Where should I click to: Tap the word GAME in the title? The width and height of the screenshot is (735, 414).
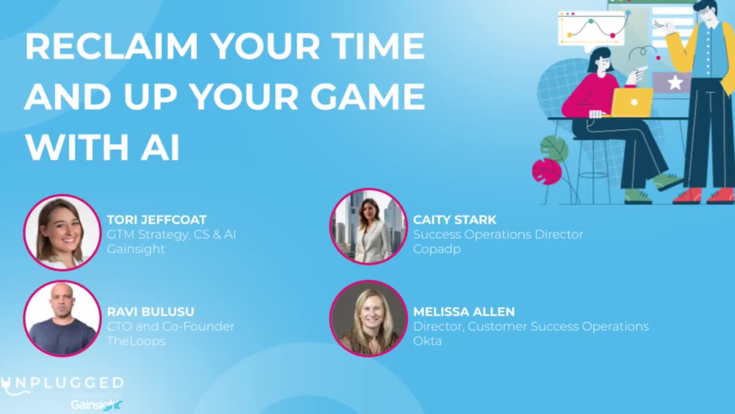click(367, 96)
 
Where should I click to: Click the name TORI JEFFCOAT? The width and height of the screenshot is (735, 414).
click(157, 220)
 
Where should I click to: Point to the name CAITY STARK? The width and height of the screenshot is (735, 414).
click(455, 220)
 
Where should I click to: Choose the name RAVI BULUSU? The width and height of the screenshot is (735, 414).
click(150, 312)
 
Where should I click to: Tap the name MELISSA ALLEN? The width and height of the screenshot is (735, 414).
click(464, 312)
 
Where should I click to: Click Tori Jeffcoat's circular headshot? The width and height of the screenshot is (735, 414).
click(62, 233)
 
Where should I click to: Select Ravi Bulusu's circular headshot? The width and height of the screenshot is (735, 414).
click(62, 319)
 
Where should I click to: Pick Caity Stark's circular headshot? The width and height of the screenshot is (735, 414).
click(368, 227)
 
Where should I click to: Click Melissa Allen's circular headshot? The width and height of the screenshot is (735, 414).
click(368, 319)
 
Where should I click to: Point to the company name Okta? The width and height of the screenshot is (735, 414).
click(427, 341)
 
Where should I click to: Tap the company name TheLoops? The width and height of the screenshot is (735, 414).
click(136, 341)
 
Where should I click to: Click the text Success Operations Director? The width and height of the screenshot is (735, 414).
click(498, 234)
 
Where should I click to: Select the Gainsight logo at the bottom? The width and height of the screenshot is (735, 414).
click(96, 405)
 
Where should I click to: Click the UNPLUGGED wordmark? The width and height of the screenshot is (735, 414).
click(63, 384)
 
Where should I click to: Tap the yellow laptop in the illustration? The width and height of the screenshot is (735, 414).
click(632, 102)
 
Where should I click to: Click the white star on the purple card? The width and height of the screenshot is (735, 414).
click(675, 82)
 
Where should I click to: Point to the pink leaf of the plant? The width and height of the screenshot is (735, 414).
click(547, 171)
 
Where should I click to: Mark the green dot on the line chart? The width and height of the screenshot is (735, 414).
click(591, 21)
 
